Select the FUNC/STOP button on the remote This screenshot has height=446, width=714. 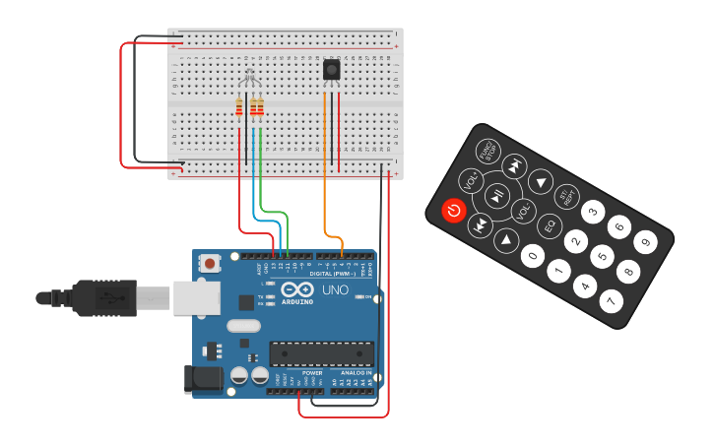[487, 151]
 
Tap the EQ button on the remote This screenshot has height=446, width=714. [550, 224]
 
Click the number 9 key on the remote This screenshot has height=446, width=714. [645, 240]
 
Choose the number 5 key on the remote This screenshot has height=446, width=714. [602, 256]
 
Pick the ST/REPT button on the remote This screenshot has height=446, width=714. [566, 195]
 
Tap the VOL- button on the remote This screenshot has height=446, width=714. [523, 209]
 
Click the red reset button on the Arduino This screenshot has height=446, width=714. [209, 263]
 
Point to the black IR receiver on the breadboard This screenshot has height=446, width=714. [332, 70]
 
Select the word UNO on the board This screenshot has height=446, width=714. [335, 290]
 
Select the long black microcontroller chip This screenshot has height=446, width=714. [321, 353]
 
